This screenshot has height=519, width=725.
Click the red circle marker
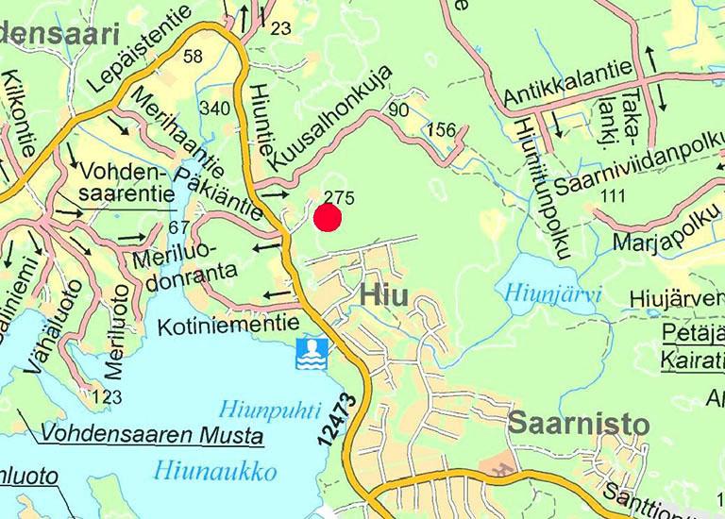click(x=327, y=218)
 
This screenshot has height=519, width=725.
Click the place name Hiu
click(x=383, y=295)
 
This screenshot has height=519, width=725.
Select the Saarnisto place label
click(x=579, y=424)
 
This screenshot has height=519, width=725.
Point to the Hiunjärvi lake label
click(x=552, y=293)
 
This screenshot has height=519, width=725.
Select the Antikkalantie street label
click(x=567, y=92)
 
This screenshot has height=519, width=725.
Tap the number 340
click(x=215, y=110)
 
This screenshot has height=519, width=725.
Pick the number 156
click(x=442, y=130)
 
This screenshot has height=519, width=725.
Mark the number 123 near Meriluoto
click(x=109, y=395)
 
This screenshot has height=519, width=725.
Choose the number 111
click(x=613, y=195)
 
